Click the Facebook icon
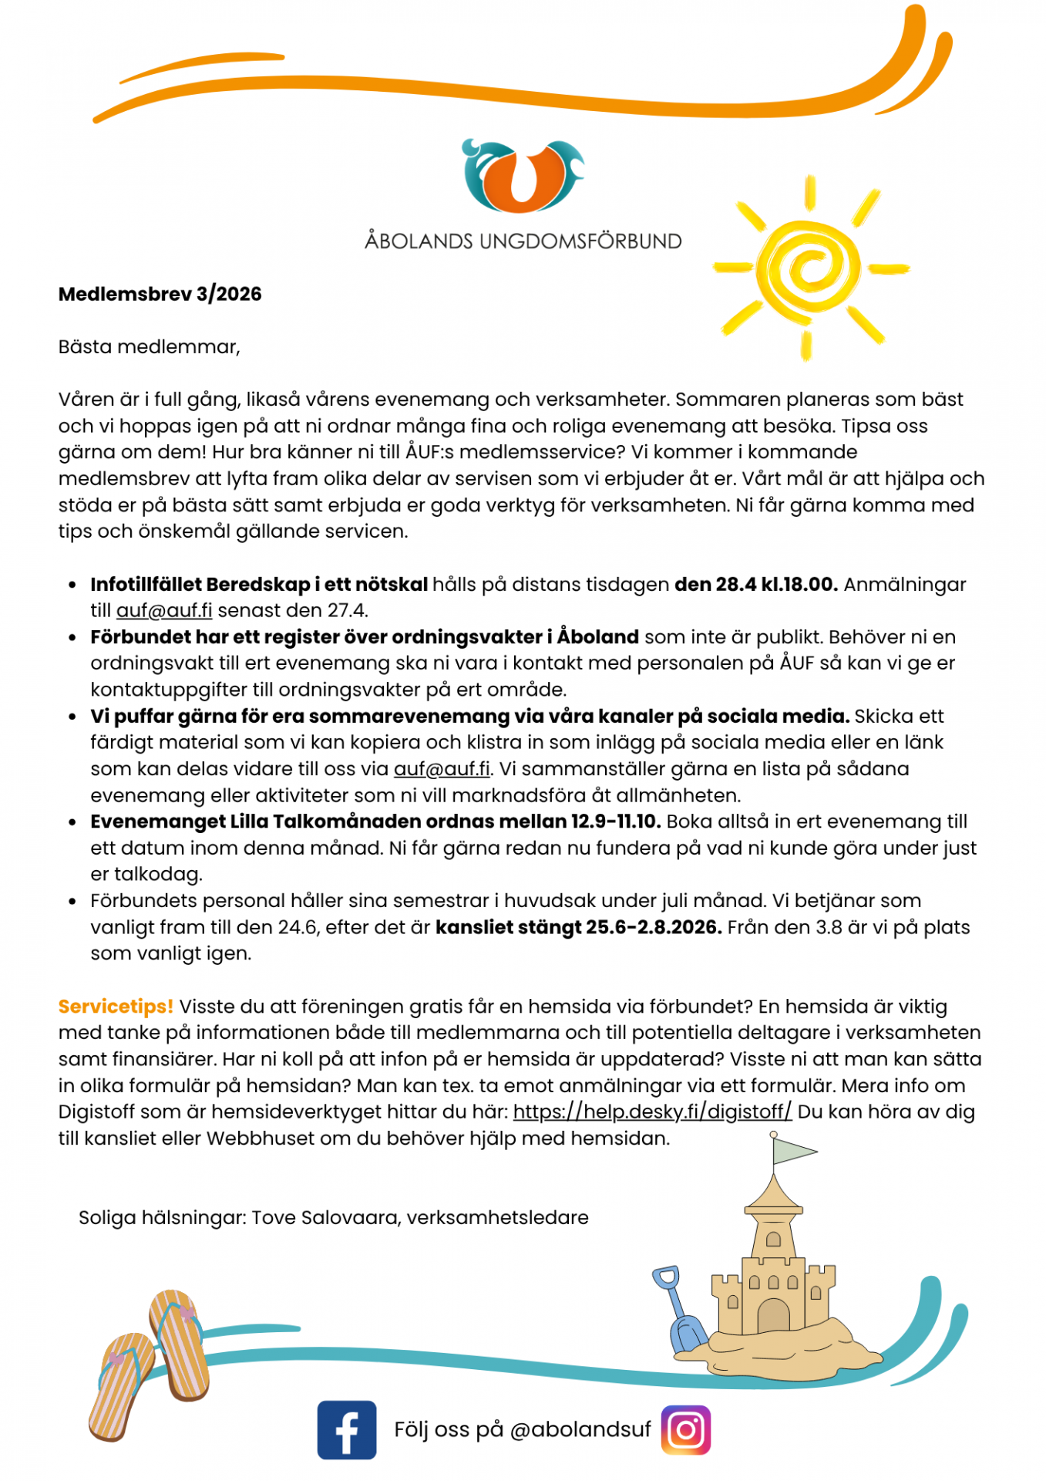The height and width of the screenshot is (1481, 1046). [x=346, y=1429]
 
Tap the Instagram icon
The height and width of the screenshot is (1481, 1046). [x=685, y=1429]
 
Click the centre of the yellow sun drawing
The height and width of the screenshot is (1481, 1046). [x=809, y=268]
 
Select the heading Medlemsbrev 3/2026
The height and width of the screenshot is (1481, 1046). [x=160, y=294]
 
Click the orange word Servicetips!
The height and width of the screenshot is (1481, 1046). [x=116, y=1006]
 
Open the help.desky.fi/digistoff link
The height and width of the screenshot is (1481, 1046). [x=652, y=1112]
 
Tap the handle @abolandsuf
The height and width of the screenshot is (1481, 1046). [x=580, y=1429]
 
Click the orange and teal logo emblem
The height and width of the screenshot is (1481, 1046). [x=523, y=176]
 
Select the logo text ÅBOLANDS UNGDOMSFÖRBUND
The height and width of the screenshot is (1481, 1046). [x=523, y=241]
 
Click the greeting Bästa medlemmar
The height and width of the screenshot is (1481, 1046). [x=149, y=347]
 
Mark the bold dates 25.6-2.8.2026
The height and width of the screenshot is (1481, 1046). [x=654, y=927]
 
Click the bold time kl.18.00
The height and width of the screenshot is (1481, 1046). [x=799, y=585]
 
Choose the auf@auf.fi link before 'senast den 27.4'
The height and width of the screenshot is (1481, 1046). [x=164, y=611]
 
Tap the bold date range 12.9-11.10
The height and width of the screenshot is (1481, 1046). [x=616, y=821]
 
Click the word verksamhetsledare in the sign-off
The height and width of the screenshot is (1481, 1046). [x=497, y=1217]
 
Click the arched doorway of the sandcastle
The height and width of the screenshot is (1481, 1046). [x=773, y=1315]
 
